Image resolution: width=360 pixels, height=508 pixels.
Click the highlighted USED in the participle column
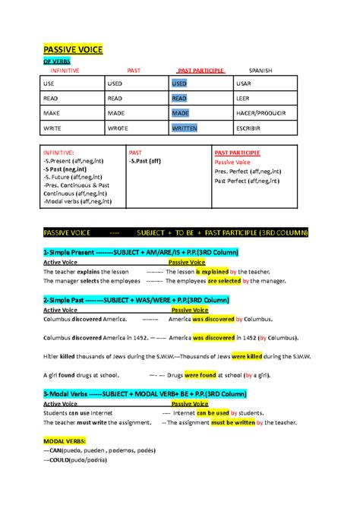click(179, 83)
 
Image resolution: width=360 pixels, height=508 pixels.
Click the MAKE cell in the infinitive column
click(53, 113)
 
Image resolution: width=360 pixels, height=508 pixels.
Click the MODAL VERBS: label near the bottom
click(65, 440)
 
